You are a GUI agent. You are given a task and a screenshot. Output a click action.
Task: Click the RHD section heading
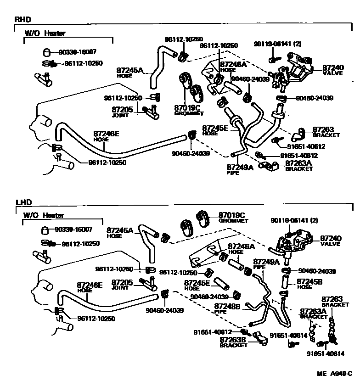tap(22, 19)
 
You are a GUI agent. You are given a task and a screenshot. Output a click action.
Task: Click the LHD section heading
tap(22, 202)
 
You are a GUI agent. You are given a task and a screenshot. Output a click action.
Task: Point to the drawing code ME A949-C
tap(334, 374)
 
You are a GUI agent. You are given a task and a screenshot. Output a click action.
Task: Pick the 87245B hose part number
tap(310, 281)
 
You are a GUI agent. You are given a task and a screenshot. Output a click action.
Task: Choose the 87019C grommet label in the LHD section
tap(232, 215)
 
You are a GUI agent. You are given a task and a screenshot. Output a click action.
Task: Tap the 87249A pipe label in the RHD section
tap(240, 168)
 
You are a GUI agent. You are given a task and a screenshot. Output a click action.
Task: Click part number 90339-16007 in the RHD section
tap(80, 52)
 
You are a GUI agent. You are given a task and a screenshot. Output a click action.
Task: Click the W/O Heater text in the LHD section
tap(44, 215)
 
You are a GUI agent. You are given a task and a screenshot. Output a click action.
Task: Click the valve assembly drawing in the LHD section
tap(294, 244)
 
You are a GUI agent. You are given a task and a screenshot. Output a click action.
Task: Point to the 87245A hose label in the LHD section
tap(120, 230)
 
